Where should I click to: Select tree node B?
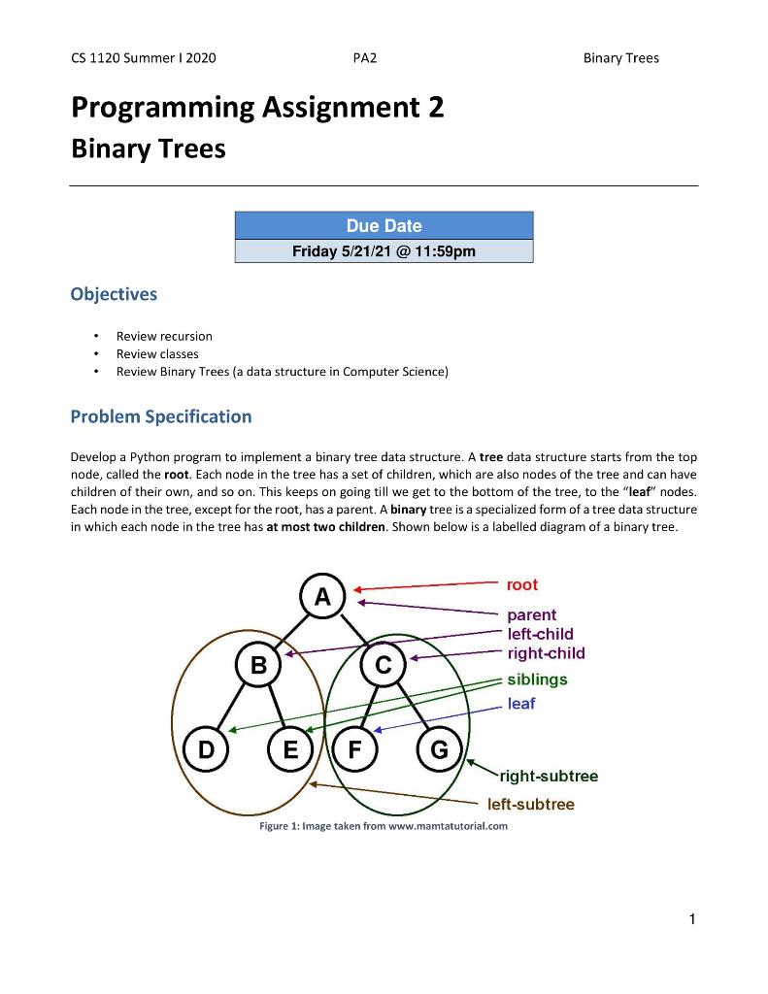258,666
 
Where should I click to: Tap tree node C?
384,666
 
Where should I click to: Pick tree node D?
207,749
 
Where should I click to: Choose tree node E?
290,749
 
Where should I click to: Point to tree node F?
354,749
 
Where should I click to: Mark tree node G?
439,749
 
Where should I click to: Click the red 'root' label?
521,584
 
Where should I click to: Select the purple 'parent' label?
531,614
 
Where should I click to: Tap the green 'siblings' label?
537,679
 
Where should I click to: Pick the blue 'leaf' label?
520,703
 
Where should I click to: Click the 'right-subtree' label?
549,776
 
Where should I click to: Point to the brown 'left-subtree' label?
530,804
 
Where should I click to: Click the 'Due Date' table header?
384,226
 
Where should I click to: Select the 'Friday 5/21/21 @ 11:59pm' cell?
384,251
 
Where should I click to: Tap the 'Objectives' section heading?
114,293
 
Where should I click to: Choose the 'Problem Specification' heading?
160,416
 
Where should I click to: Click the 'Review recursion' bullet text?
164,336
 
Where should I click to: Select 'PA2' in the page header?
364,58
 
